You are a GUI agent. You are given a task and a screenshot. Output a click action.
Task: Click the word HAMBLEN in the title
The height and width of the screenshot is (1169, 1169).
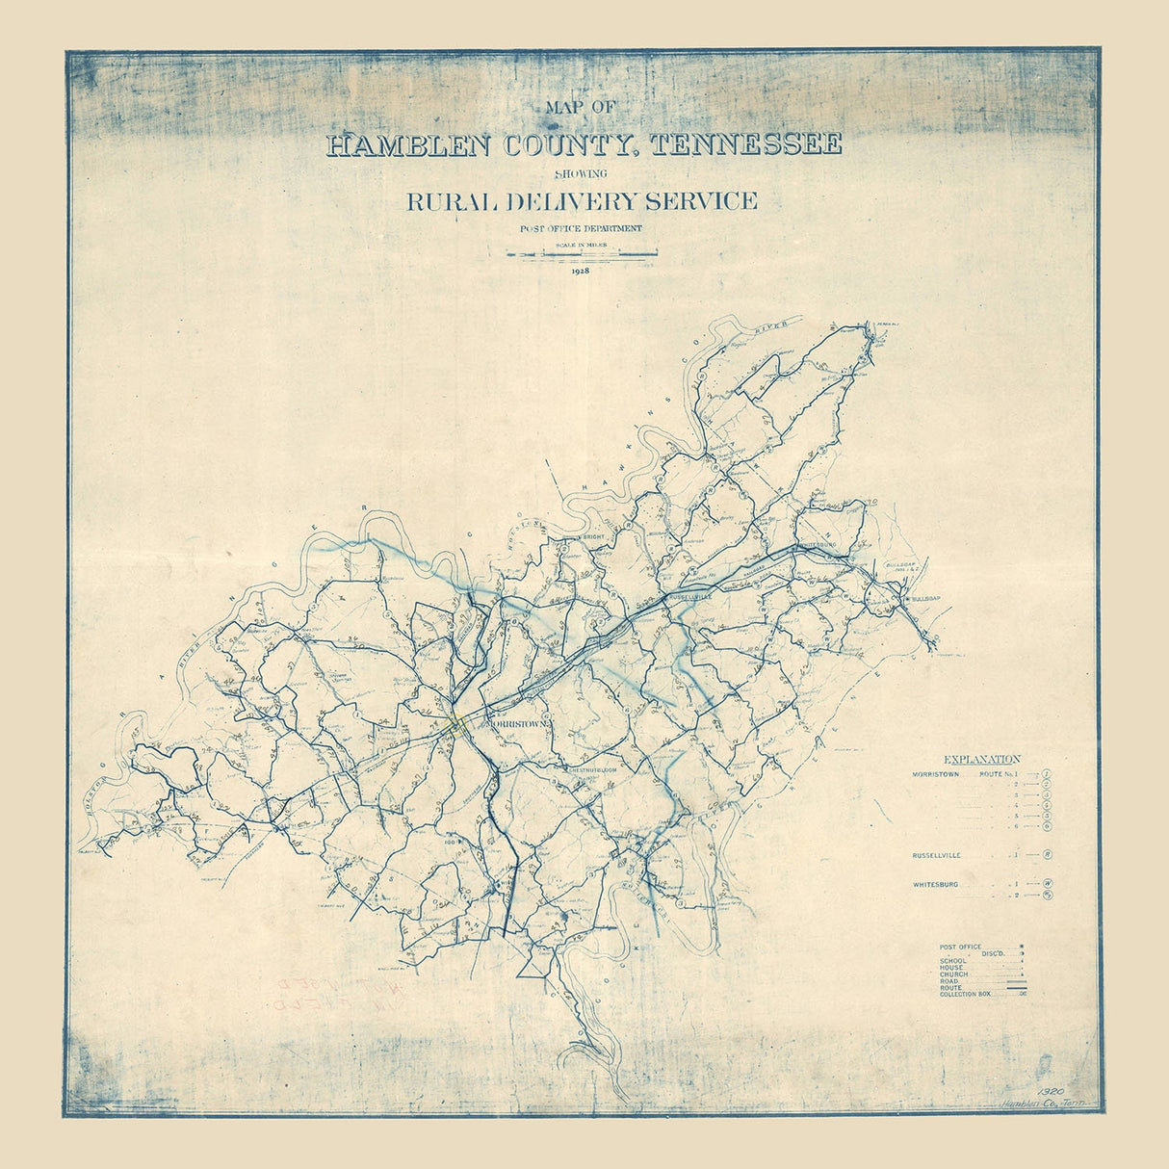397,145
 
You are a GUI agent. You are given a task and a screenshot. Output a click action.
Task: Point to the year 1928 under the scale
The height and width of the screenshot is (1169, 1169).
580,272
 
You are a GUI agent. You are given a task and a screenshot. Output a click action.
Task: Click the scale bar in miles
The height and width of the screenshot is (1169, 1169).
582,255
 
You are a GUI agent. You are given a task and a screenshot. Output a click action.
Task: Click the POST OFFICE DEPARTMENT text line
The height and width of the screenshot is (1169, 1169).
580,228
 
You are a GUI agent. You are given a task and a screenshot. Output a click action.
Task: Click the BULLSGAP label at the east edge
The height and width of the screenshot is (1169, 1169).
922,599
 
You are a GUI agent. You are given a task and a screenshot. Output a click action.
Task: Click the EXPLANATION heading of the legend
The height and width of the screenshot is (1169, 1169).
982,760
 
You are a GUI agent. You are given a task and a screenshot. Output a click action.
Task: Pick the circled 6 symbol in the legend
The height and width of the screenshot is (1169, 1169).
1046,826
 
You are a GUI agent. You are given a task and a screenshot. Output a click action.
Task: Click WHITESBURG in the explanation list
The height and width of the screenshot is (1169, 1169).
935,884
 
